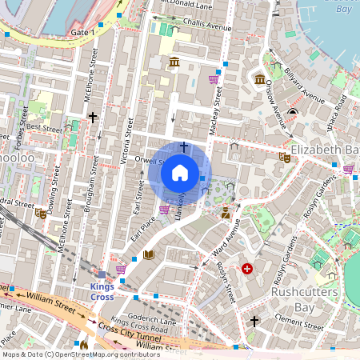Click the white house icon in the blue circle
tap(180, 173)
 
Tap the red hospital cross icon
tap(247, 270)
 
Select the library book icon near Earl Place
tap(148, 255)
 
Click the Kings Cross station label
tap(102, 291)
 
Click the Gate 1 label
tap(82, 32)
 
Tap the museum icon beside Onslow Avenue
tap(260, 79)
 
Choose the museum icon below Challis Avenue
tap(174, 62)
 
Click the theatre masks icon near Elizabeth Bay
tap(283, 158)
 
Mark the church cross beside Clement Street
tap(254, 322)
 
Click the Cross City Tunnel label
tap(128, 331)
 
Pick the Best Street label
tap(44, 127)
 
